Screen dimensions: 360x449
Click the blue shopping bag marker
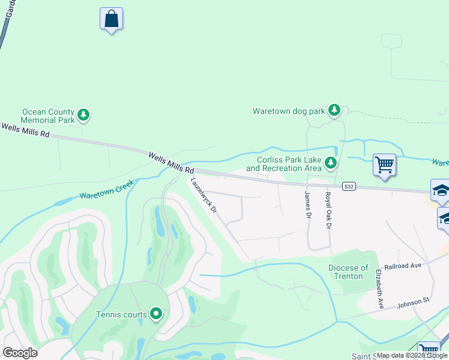point(111,19)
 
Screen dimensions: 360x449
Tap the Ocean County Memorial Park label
point(48,116)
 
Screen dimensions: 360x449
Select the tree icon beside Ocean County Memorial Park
point(83,115)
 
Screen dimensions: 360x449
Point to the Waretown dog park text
point(288,111)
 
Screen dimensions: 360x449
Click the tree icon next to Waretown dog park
point(334,110)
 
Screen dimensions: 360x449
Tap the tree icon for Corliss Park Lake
point(330,163)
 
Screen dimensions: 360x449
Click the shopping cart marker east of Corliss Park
point(384,164)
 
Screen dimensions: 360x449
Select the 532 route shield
point(349,187)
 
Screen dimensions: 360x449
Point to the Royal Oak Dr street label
point(328,211)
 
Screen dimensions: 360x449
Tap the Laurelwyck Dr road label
point(203,196)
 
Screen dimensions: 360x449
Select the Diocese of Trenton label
point(348,272)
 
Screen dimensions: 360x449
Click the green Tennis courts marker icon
point(156,313)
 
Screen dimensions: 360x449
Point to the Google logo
point(20,353)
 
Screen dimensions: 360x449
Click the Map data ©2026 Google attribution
point(412,355)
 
